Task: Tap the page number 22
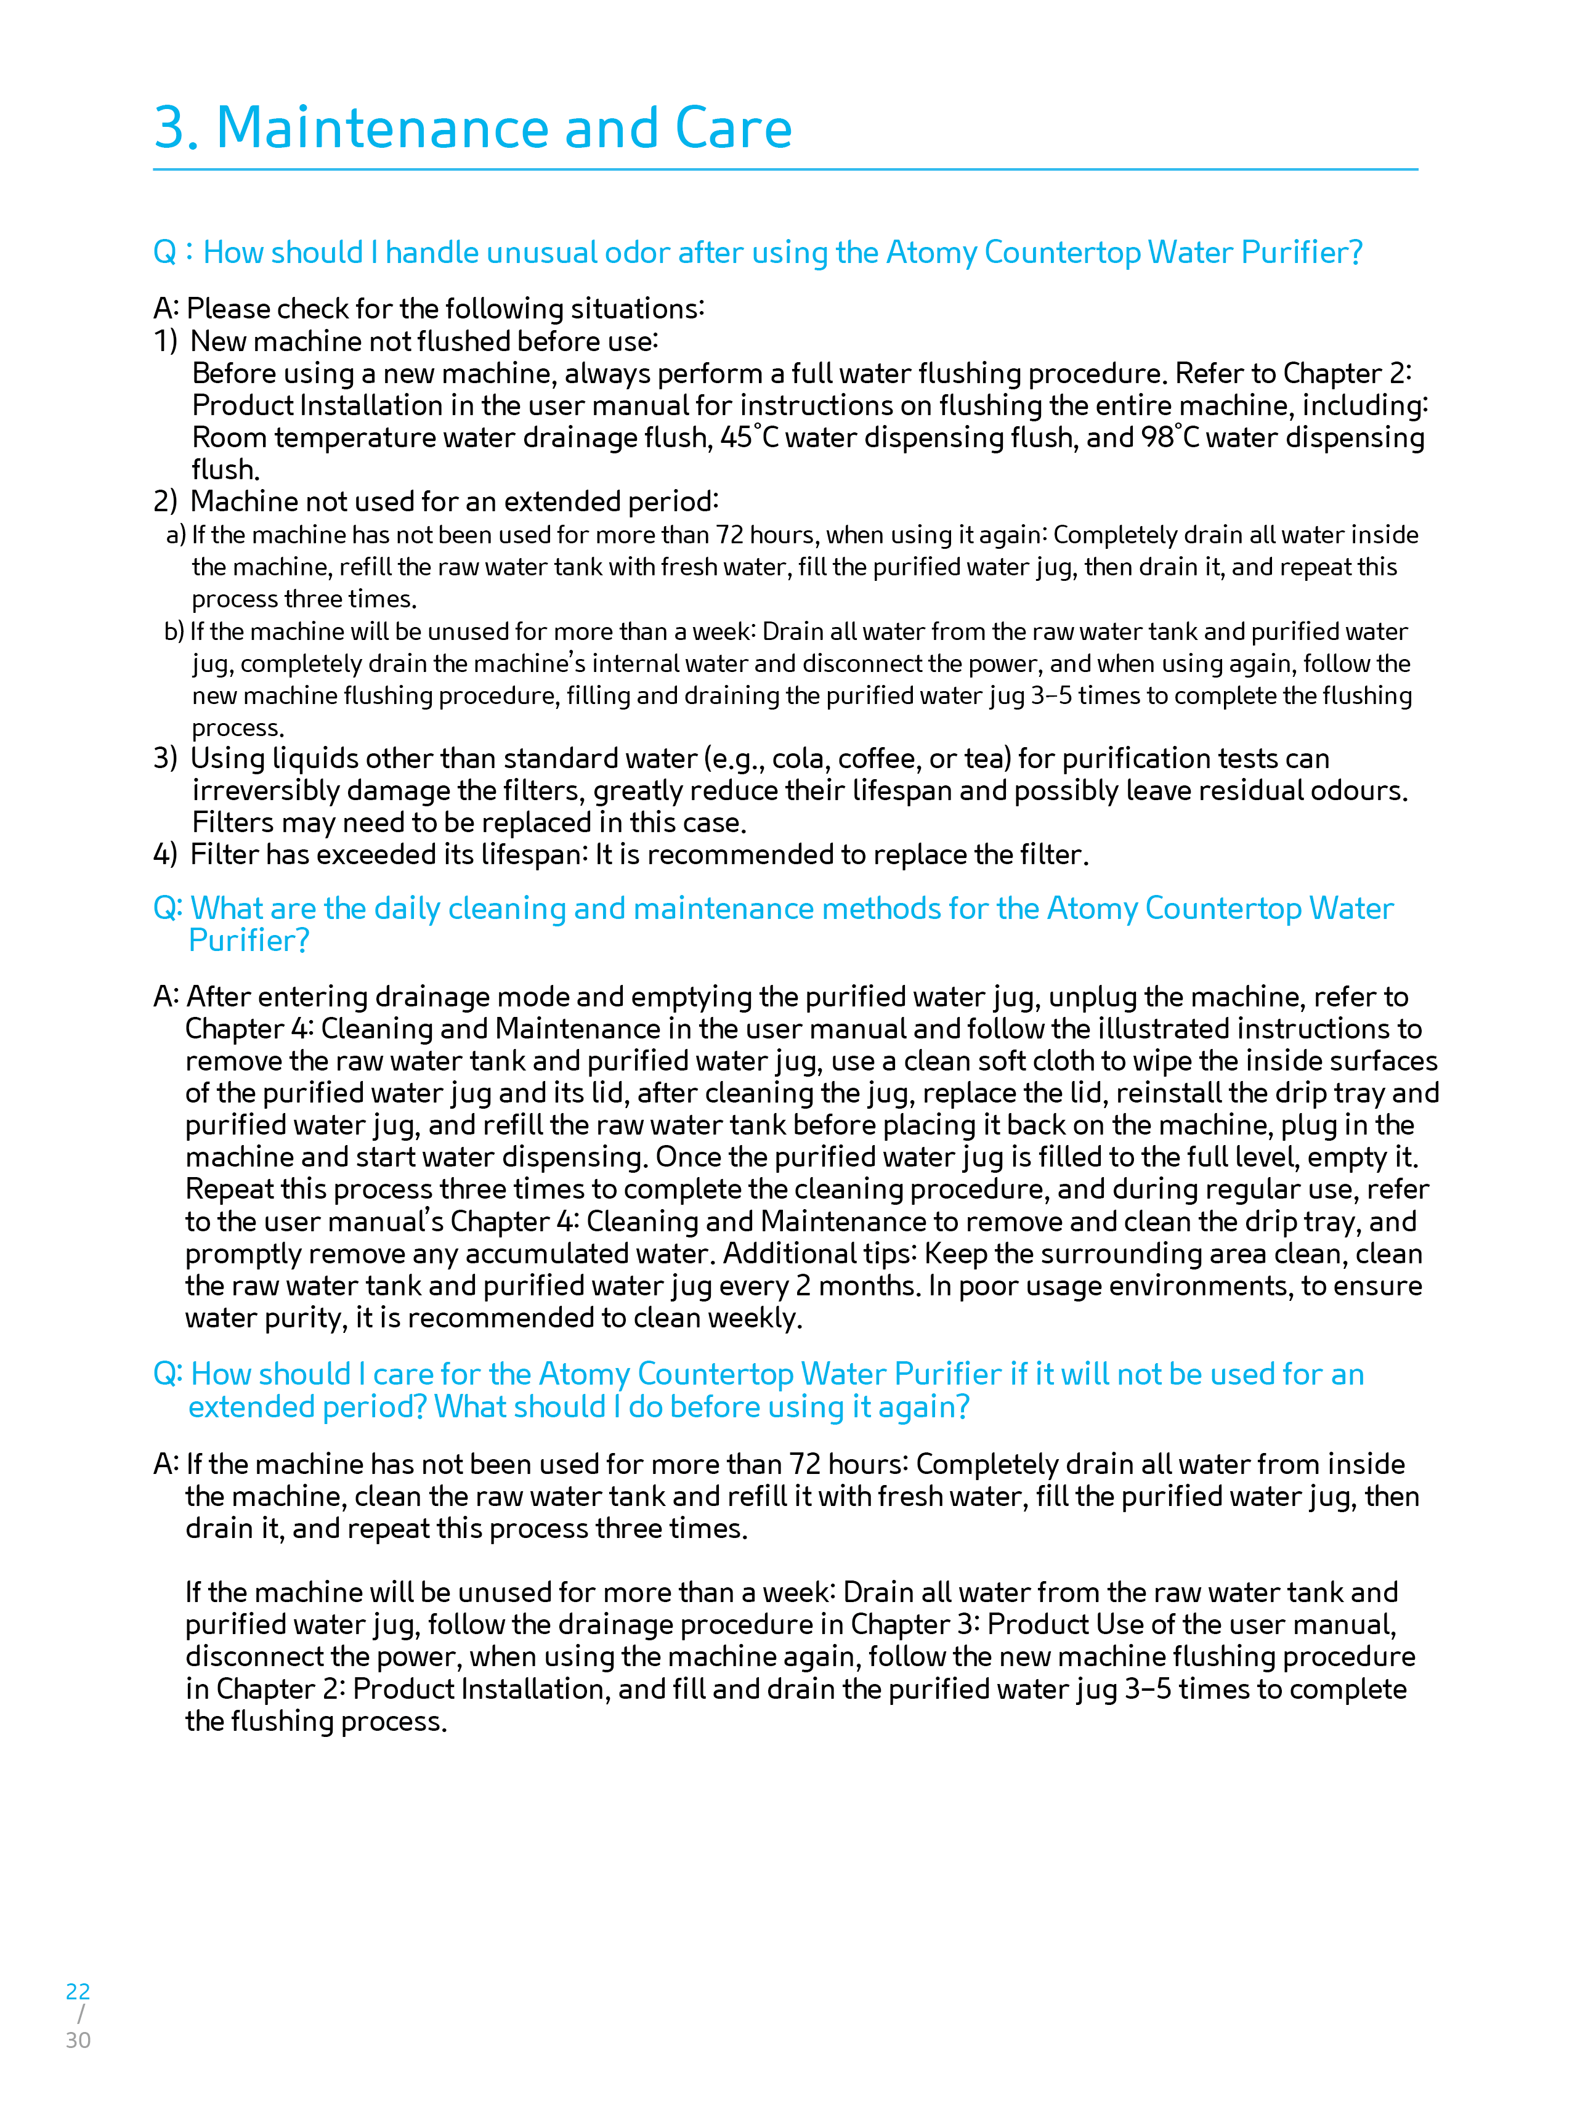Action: [78, 1991]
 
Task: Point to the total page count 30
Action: [78, 2040]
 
